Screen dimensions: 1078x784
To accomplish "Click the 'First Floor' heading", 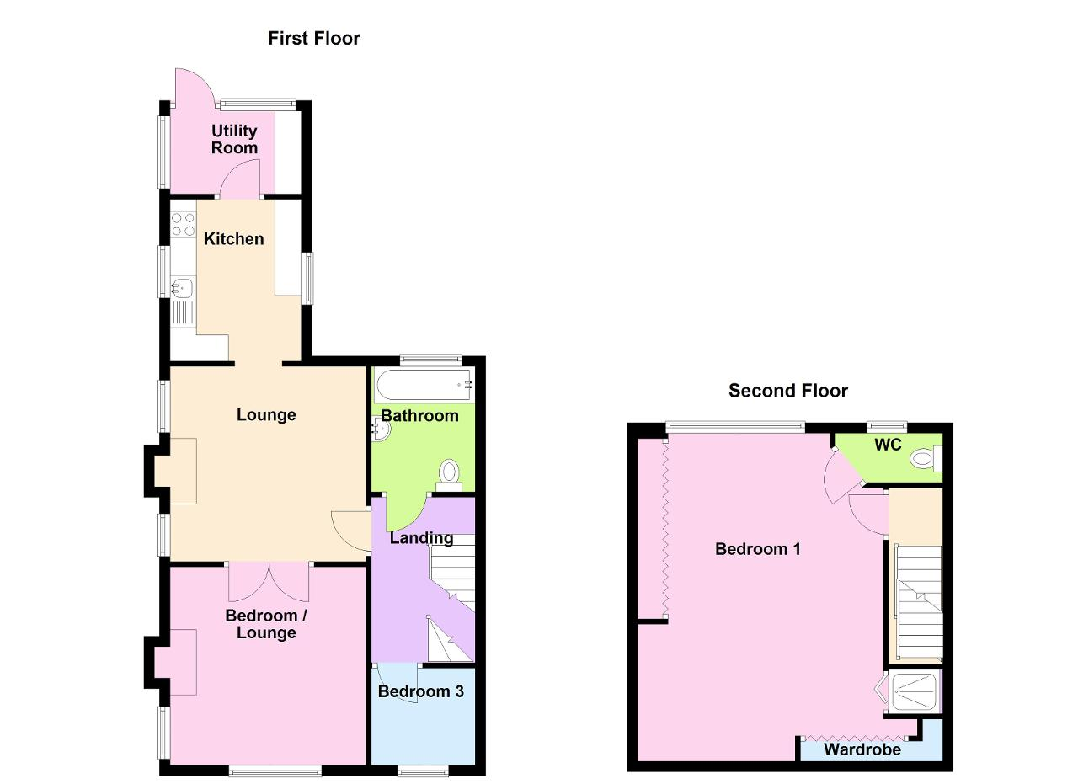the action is click(x=314, y=39).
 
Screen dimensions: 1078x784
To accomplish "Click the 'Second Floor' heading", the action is click(x=787, y=391).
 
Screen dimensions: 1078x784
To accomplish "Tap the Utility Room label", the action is click(x=234, y=139).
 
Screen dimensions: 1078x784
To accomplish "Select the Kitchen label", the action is click(x=234, y=238).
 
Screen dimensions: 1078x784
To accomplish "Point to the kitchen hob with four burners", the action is click(x=184, y=225).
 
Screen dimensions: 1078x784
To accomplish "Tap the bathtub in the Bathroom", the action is click(x=424, y=386).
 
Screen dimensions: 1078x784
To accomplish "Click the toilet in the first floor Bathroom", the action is click(x=450, y=474).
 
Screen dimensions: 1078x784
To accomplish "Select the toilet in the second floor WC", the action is click(x=926, y=459).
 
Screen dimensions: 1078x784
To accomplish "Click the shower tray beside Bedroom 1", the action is click(x=915, y=692).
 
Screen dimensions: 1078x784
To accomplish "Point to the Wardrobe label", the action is click(x=862, y=749).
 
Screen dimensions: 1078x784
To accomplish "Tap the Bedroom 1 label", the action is click(x=758, y=549).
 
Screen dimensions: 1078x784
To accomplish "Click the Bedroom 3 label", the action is click(x=421, y=691).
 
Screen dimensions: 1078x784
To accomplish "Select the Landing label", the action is click(x=422, y=539).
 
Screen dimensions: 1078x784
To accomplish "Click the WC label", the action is click(x=888, y=445).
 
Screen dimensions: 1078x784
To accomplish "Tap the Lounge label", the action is click(x=266, y=415).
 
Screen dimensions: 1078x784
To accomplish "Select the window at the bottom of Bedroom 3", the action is click(x=423, y=772).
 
